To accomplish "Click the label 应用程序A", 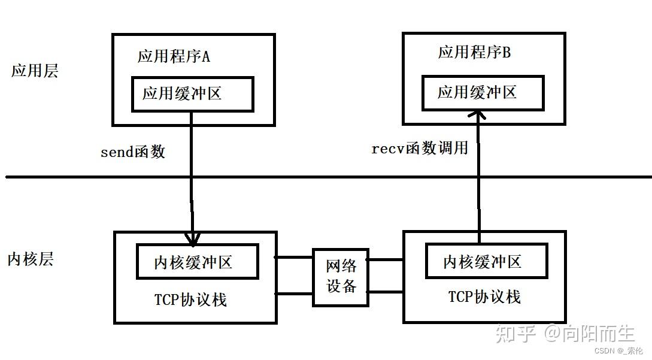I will pyautogui.click(x=174, y=58).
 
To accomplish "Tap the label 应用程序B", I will pyautogui.click(x=474, y=53).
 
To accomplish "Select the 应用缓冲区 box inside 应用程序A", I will pyautogui.click(x=192, y=94).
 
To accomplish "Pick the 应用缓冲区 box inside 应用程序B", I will pyautogui.click(x=483, y=93).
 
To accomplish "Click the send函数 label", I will pyautogui.click(x=132, y=152).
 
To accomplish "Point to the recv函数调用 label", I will pyautogui.click(x=420, y=149).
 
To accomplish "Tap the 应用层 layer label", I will pyautogui.click(x=35, y=71).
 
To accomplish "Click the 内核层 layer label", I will pyautogui.click(x=31, y=259).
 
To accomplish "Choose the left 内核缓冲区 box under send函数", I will pyautogui.click(x=197, y=262).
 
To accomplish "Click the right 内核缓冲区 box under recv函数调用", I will pyautogui.click(x=486, y=261).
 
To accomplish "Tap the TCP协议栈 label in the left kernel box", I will pyautogui.click(x=190, y=300).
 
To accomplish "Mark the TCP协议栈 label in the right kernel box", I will pyautogui.click(x=484, y=297).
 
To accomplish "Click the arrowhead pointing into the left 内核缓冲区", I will pyautogui.click(x=192, y=240).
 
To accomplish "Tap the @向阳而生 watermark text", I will pyautogui.click(x=589, y=332).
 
